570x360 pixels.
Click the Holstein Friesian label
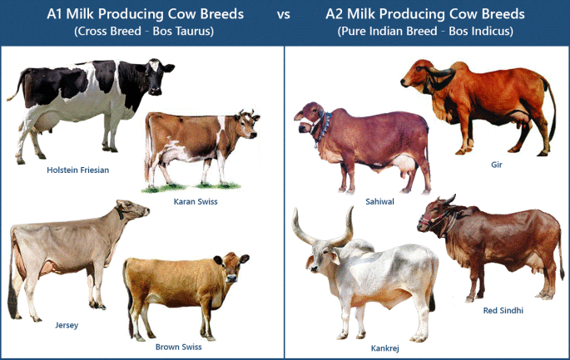(78, 170)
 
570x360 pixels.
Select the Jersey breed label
(67, 325)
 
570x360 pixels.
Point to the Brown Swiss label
(179, 347)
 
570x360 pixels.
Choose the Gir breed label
(497, 165)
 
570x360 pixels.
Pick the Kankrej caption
(384, 348)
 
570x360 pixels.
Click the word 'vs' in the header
(284, 15)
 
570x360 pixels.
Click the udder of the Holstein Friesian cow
(42, 125)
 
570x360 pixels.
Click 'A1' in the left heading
(58, 15)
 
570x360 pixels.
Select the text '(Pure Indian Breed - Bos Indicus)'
(425, 32)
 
